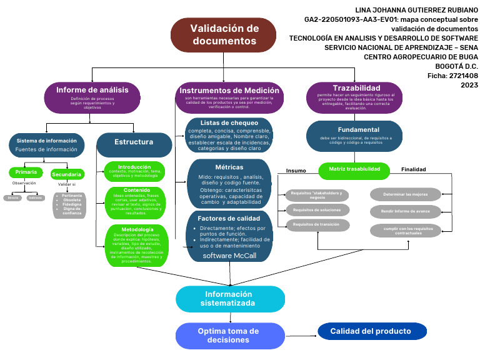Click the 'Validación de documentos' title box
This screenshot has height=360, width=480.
(x=224, y=35)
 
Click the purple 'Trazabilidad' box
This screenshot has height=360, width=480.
(x=356, y=97)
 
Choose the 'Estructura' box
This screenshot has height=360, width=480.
(x=134, y=143)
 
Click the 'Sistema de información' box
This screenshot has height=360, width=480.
(x=47, y=144)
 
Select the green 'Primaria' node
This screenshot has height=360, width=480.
(x=26, y=172)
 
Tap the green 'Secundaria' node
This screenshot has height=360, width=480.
(x=67, y=174)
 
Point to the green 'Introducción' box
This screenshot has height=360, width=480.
(x=134, y=171)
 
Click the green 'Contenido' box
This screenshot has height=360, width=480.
(x=134, y=202)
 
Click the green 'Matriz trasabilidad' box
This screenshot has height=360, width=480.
(x=354, y=169)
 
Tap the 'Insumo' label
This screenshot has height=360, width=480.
(x=296, y=171)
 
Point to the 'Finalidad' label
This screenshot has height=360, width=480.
(x=413, y=169)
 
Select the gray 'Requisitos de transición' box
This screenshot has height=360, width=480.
(x=317, y=225)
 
